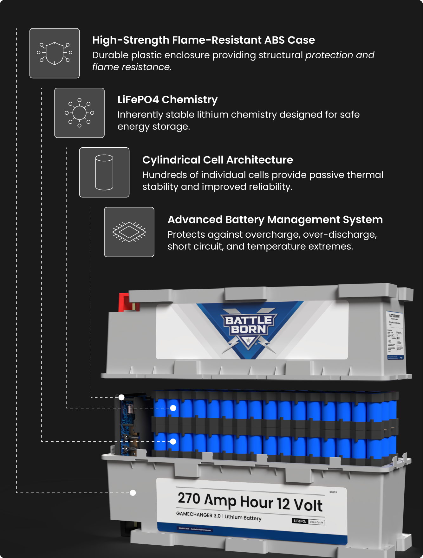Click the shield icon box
click(x=55, y=53)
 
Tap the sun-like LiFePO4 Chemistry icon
click(x=79, y=113)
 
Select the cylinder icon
click(x=104, y=172)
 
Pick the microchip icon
click(x=129, y=232)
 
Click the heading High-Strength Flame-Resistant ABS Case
click(x=203, y=40)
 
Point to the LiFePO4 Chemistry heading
click(x=167, y=100)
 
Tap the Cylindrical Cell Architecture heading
click(x=218, y=160)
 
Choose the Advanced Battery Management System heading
click(x=275, y=220)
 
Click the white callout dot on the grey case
click(x=133, y=493)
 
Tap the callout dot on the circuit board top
click(x=121, y=397)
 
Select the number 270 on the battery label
click(x=189, y=498)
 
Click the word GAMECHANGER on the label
click(x=194, y=514)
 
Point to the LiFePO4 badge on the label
click(x=300, y=521)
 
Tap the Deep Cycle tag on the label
click(x=316, y=522)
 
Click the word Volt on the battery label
click(x=308, y=505)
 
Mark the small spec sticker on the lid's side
click(x=395, y=336)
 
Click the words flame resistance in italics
click(x=132, y=67)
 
